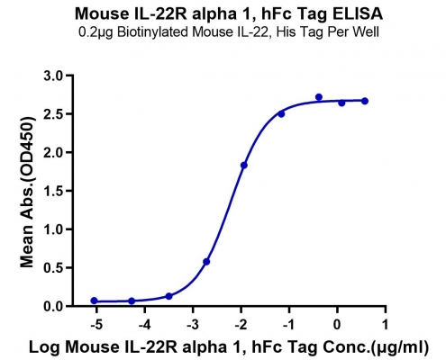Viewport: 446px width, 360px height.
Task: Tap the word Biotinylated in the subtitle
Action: coord(152,32)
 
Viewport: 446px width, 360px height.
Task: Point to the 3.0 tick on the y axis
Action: coord(55,76)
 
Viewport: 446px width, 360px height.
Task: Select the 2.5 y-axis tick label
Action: coord(55,114)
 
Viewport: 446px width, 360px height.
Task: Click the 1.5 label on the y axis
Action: coord(55,191)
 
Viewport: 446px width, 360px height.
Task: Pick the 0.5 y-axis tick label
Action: coord(55,267)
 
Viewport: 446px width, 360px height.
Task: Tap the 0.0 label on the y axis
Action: coord(55,306)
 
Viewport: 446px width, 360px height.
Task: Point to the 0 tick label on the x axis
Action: coord(337,324)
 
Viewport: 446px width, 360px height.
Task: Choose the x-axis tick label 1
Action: coord(386,324)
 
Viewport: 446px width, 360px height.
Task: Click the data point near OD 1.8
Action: coord(244,166)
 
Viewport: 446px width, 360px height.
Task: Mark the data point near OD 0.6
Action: coord(206,262)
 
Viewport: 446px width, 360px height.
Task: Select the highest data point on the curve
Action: coord(319,97)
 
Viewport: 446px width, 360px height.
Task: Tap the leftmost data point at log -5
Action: coord(94,301)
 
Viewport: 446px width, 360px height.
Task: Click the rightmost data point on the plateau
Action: coord(365,101)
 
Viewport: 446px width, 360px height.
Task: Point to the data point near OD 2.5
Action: coord(281,114)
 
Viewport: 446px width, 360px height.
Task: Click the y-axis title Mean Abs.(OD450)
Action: coord(27,192)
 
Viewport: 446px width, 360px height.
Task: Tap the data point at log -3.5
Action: coord(168,296)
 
